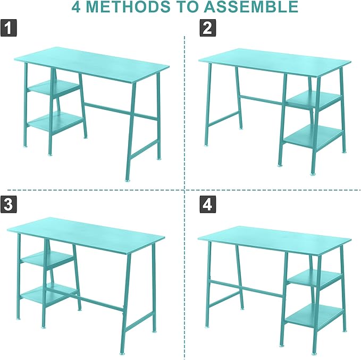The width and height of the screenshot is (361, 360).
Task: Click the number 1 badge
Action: tap(9, 28)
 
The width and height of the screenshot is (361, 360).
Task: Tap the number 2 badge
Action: tap(208, 28)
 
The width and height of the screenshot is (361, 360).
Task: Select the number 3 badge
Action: tap(9, 204)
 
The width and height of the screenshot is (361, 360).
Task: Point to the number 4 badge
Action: tap(208, 204)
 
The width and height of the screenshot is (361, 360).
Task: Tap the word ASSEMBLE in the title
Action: tap(251, 7)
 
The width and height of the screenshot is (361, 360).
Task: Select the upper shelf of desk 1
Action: tap(54, 87)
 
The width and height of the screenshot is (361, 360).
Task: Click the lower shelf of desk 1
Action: tap(55, 122)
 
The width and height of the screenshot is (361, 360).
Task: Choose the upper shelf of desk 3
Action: tap(48, 259)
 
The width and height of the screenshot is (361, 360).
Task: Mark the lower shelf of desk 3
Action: tap(49, 294)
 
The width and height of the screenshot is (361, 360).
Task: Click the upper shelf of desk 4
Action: tap(315, 278)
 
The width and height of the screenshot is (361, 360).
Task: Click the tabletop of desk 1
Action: tap(91, 64)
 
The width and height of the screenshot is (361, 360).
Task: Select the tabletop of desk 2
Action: tap(275, 62)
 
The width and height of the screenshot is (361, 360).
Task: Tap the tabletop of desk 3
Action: tap(86, 235)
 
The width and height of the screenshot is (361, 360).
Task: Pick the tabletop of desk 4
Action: tap(274, 239)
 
